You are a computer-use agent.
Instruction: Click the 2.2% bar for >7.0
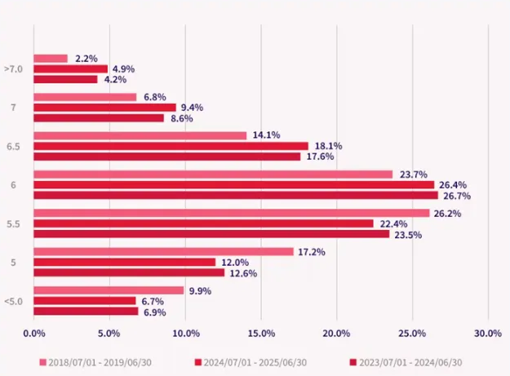[51, 59]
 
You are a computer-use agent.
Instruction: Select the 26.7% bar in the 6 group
[236, 196]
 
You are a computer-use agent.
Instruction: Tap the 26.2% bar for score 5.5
[232, 213]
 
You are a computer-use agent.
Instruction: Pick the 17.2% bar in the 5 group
[164, 252]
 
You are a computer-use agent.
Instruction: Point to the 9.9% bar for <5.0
[109, 290]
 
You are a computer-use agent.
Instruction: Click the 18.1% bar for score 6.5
[171, 146]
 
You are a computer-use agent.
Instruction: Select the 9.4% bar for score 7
[105, 107]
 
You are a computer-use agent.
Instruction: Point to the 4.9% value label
[123, 69]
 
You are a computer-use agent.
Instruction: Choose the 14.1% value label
[265, 135]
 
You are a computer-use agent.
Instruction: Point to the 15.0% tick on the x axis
[261, 333]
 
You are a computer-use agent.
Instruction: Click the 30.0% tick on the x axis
[488, 333]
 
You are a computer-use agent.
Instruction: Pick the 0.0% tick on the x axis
[34, 333]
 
